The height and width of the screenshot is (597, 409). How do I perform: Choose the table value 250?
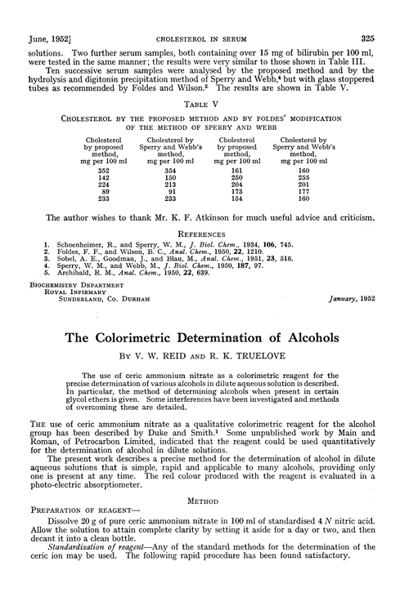click(236, 177)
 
